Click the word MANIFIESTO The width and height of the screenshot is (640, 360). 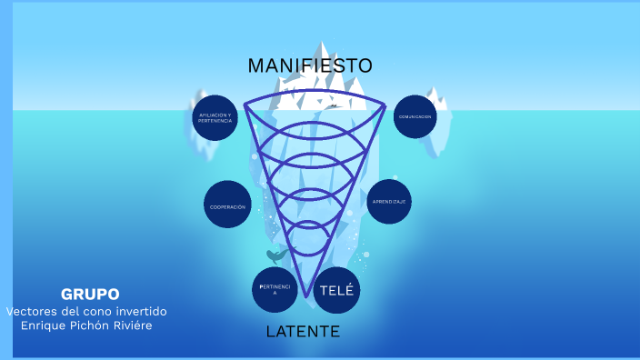(309, 65)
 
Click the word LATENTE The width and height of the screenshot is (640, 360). (303, 331)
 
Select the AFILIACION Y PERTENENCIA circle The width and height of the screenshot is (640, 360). (215, 118)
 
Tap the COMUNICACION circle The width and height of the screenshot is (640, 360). (415, 116)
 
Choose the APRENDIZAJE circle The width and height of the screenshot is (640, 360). (389, 201)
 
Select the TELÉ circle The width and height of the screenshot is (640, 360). (336, 291)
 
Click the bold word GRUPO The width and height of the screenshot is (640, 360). (90, 294)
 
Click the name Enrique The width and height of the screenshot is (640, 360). (45, 325)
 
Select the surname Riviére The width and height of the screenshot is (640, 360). (129, 325)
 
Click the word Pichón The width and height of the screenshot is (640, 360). (91, 325)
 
